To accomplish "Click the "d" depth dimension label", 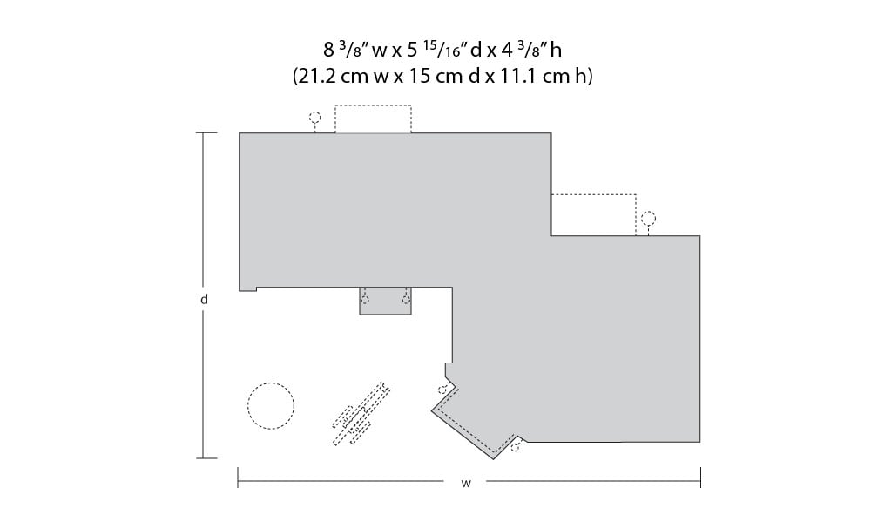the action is pyautogui.click(x=204, y=300).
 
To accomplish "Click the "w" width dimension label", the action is pyautogui.click(x=465, y=484).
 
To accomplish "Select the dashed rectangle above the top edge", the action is pyautogui.click(x=373, y=105).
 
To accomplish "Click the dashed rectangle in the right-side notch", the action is pyautogui.click(x=593, y=195).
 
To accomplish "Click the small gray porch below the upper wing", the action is pyautogui.click(x=385, y=302).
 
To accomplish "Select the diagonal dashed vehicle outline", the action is pyautogui.click(x=361, y=413).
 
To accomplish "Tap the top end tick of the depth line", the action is pyautogui.click(x=206, y=132).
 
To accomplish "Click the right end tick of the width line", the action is pyautogui.click(x=700, y=478).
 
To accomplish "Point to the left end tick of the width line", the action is pyautogui.click(x=238, y=478).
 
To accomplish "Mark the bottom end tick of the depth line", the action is pyautogui.click(x=206, y=458).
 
